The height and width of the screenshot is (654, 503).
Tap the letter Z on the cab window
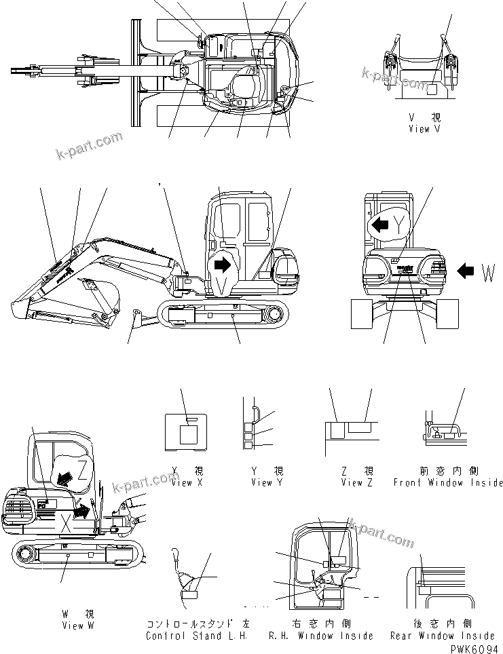(82, 466)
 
